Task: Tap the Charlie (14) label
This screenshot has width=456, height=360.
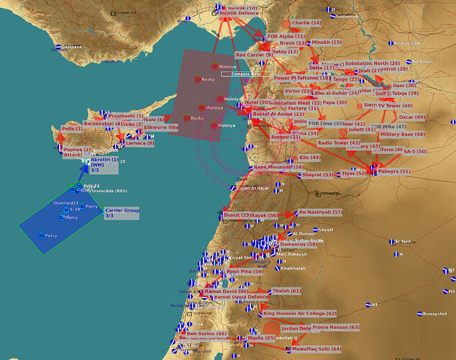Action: coord(306,23)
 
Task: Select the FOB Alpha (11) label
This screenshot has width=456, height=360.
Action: coord(286,36)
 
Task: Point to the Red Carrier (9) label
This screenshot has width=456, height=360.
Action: coord(254,55)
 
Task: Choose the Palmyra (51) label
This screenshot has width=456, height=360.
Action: coord(393,171)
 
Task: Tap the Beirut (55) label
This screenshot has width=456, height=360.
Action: coord(237,215)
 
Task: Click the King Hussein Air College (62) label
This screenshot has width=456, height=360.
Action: coord(300,314)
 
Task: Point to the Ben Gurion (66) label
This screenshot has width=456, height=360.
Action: coord(206,334)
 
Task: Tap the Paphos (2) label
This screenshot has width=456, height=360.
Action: coord(77,150)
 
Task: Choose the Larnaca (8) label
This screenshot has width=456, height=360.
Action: coord(140,143)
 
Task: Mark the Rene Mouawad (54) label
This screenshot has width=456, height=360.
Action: coord(278,167)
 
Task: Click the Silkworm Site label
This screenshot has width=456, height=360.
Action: coord(160,127)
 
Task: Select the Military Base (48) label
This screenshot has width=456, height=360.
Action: coord(402,135)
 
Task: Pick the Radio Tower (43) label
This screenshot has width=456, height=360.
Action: coord(339,143)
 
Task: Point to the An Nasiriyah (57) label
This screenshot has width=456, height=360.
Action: coord(320,212)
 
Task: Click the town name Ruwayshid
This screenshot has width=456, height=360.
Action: coord(439,314)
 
